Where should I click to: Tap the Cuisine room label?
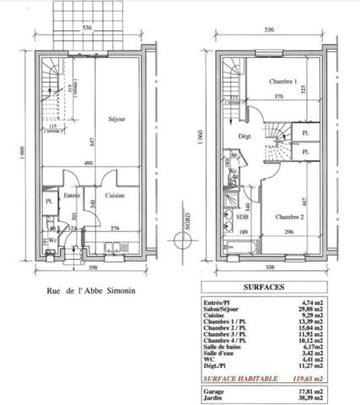pyautogui.click(x=115, y=196)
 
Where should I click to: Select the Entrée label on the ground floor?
pyautogui.click(x=73, y=196)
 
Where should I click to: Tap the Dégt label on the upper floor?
pyautogui.click(x=244, y=136)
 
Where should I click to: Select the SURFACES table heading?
pyautogui.click(x=266, y=287)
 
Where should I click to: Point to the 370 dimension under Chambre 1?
pyautogui.click(x=277, y=98)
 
